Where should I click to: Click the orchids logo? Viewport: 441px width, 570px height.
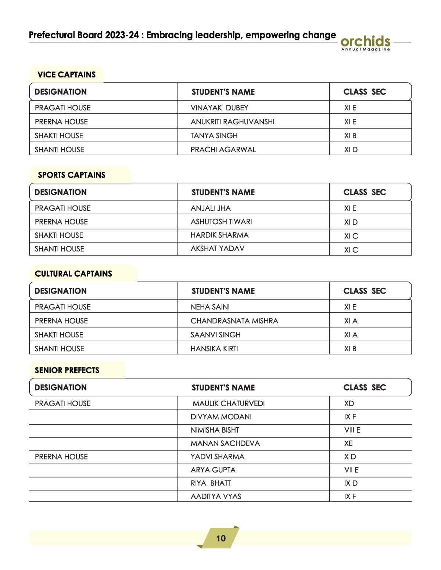click(365, 42)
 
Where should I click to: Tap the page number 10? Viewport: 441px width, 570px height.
click(221, 538)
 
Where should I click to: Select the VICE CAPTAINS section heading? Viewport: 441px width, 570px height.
click(67, 75)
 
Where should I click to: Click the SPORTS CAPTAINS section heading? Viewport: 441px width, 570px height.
click(72, 175)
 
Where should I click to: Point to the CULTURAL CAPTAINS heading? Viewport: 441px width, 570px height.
click(73, 273)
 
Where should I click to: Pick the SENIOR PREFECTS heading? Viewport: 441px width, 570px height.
click(67, 370)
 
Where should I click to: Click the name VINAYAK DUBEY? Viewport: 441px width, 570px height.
click(219, 108)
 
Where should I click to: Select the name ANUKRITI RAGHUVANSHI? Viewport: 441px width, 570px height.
click(232, 121)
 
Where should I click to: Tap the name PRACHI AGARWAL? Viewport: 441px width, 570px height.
click(223, 149)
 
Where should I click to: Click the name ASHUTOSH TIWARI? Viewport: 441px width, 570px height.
click(221, 222)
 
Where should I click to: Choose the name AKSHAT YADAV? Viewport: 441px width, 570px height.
click(218, 248)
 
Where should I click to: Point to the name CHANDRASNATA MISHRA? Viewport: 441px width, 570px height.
click(234, 321)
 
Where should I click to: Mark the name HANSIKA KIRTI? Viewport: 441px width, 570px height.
click(214, 349)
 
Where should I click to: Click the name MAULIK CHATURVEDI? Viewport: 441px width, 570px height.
click(229, 403)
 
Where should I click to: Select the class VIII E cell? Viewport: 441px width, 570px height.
click(352, 430)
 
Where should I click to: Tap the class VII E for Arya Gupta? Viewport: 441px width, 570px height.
click(351, 470)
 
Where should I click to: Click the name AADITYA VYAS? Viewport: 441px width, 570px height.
click(216, 496)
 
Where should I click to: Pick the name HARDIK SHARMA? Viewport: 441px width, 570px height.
click(219, 235)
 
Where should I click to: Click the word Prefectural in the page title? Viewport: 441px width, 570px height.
click(53, 35)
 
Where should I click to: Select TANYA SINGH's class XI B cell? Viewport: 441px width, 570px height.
click(350, 135)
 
